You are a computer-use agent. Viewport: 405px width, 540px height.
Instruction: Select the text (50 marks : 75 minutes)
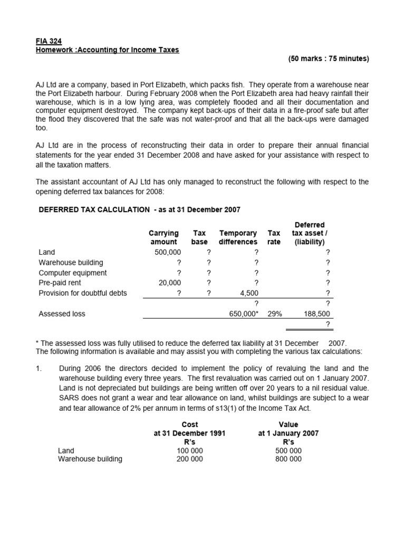click(329, 59)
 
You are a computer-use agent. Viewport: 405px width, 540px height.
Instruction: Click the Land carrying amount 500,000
click(168, 252)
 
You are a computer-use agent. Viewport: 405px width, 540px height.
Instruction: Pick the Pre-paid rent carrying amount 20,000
click(170, 283)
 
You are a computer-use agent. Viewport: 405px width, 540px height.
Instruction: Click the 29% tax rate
click(274, 314)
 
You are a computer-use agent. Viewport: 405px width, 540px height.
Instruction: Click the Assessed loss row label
click(62, 314)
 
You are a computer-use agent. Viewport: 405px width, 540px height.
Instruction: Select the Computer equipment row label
click(73, 273)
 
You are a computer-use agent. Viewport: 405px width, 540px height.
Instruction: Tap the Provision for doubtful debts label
click(83, 293)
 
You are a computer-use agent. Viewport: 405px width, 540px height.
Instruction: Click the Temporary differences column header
click(238, 237)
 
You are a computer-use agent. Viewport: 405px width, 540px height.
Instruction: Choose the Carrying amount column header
click(163, 237)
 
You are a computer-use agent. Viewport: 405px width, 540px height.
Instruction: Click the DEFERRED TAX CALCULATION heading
click(94, 209)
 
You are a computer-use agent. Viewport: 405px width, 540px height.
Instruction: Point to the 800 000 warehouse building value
click(288, 459)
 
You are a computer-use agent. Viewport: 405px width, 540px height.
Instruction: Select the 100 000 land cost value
click(189, 450)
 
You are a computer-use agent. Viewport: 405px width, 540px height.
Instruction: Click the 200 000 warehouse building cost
click(189, 459)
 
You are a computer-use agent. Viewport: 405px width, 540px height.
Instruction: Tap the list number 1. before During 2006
click(39, 369)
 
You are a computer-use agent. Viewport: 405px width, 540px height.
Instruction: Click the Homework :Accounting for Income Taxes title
click(108, 50)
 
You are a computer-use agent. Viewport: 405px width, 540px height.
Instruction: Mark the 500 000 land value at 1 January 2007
click(288, 450)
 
